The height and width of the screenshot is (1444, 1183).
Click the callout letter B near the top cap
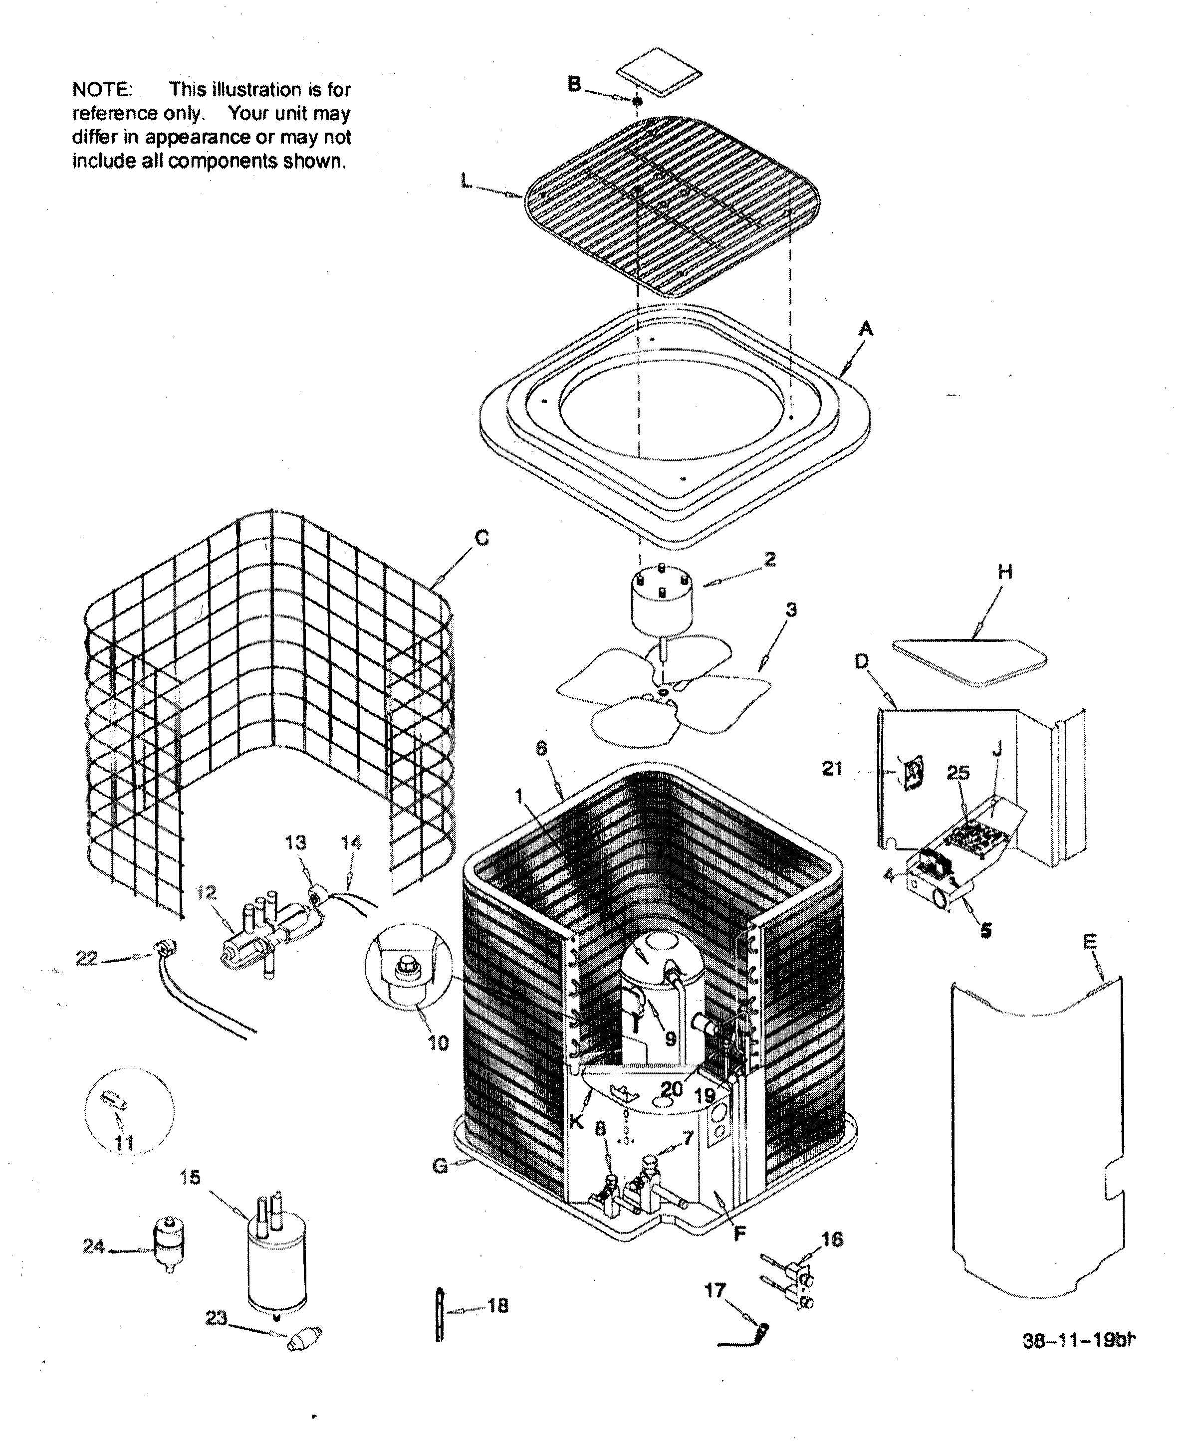coord(574,84)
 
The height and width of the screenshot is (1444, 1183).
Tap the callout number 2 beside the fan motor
coord(769,559)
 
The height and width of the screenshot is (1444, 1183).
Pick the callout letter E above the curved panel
coord(1090,942)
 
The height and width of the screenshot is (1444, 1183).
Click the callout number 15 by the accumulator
coord(190,1177)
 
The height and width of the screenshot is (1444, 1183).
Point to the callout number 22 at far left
coord(86,958)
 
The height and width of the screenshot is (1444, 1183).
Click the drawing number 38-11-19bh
coord(1078,1340)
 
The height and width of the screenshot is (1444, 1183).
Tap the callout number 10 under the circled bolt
coord(438,1043)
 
